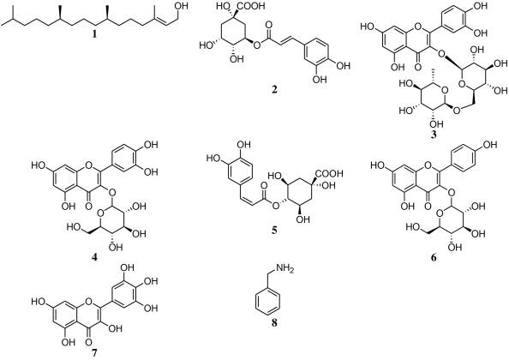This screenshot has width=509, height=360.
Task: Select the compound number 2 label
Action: (274, 90)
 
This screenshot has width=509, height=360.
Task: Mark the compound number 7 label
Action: (94, 353)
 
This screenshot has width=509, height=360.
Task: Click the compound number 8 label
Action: (274, 323)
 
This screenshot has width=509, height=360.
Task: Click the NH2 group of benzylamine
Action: (284, 269)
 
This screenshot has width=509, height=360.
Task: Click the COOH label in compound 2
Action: (252, 6)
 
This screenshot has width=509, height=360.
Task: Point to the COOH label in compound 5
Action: (330, 174)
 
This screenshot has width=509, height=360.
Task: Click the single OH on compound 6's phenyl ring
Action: (490, 145)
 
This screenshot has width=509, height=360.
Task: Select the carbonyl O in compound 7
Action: (88, 341)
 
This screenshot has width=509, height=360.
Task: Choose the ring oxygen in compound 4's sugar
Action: (100, 213)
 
